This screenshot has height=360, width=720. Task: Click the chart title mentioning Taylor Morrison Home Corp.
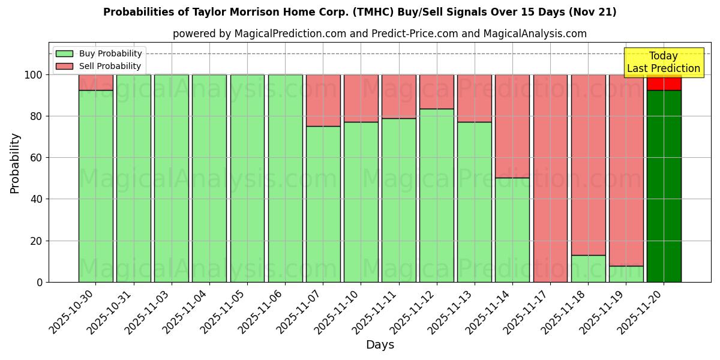[359, 12]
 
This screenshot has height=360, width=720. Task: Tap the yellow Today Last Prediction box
[663, 62]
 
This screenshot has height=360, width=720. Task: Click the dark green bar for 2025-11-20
[664, 186]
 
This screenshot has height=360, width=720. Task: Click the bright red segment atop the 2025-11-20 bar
[664, 83]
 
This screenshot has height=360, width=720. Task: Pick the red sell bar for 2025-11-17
[550, 178]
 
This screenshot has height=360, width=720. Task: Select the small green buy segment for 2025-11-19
[626, 274]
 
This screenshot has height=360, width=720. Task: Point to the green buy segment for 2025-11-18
[588, 268]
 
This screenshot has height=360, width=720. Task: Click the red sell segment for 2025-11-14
[512, 126]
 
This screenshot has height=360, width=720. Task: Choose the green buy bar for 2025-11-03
[172, 178]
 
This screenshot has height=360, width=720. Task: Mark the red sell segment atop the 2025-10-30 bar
[96, 82]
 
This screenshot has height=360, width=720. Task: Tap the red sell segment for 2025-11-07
[323, 100]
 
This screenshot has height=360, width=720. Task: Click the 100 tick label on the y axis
[34, 75]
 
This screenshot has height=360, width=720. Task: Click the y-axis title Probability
[15, 163]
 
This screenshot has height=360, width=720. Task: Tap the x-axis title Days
[380, 345]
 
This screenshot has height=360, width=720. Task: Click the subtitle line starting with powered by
[380, 34]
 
